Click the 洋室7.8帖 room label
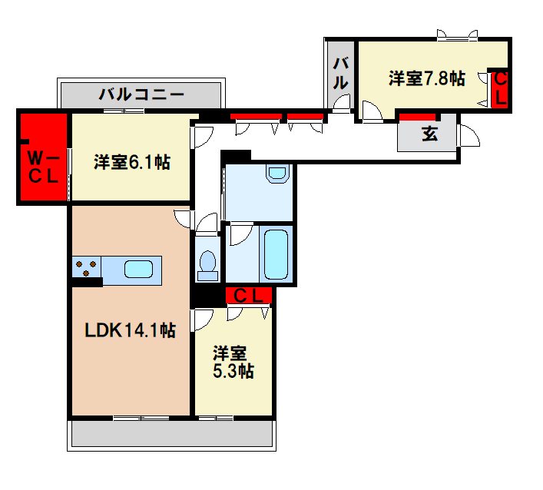[426, 78]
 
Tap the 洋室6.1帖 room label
[132, 162]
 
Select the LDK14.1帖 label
[131, 331]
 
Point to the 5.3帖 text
[233, 372]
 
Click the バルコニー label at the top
[141, 96]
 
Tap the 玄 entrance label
[429, 134]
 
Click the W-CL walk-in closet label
[43, 166]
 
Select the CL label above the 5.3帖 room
[249, 295]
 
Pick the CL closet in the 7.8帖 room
[499, 89]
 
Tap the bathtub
[276, 253]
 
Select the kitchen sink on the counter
[138, 270]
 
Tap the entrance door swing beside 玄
[468, 135]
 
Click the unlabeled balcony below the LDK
[172, 435]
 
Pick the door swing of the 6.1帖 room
[202, 137]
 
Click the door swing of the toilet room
[206, 225]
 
